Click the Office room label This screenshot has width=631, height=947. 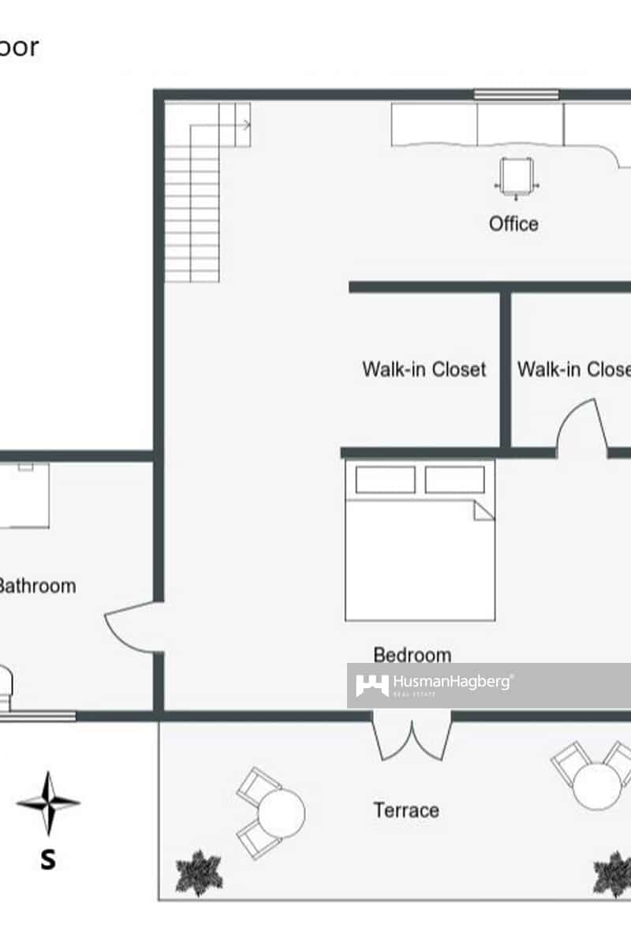[513, 224]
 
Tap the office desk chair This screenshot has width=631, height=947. [517, 174]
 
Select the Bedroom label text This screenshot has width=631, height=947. [413, 655]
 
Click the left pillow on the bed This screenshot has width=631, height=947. [385, 480]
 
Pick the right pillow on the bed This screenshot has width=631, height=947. [455, 480]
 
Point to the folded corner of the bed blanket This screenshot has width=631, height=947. [483, 511]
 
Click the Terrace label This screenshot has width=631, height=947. [406, 810]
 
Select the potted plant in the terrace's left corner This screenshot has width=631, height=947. [199, 873]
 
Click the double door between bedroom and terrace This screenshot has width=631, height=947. [412, 738]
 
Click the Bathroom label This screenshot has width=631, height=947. [36, 586]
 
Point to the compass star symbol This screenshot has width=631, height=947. [48, 803]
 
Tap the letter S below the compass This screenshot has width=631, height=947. [48, 859]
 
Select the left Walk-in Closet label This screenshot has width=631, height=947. [424, 369]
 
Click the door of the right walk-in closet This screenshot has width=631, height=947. [582, 430]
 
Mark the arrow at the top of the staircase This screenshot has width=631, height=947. [246, 125]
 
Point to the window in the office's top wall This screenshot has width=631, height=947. [517, 95]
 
